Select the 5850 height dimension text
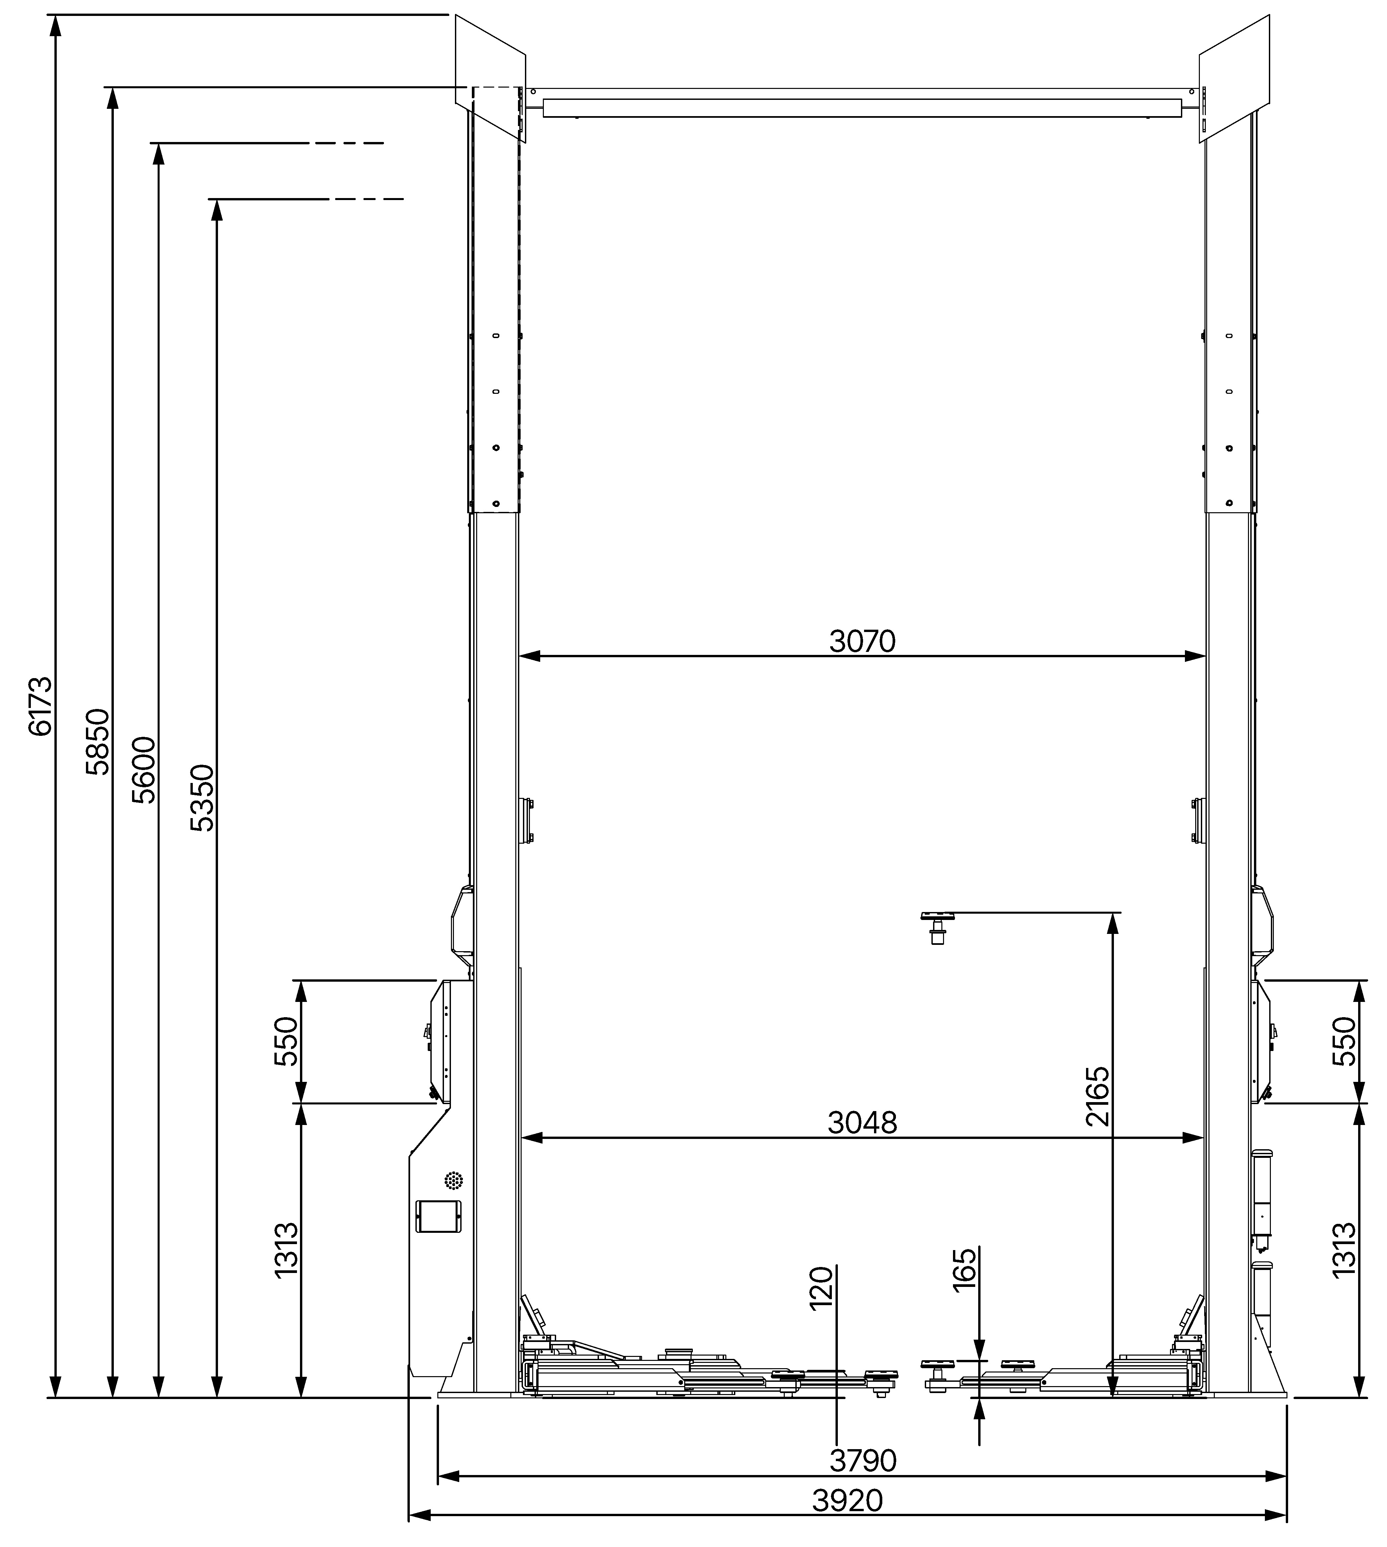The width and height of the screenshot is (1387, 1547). (98, 741)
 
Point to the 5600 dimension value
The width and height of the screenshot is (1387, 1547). (143, 770)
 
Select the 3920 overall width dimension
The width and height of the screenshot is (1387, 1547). (847, 1501)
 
